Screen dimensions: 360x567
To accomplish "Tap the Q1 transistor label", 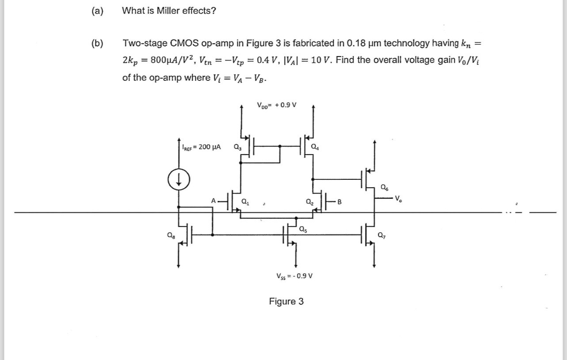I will click(x=244, y=203).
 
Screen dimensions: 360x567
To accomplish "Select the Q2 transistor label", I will click(x=309, y=203).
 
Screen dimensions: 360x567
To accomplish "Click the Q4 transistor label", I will click(x=314, y=147).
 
